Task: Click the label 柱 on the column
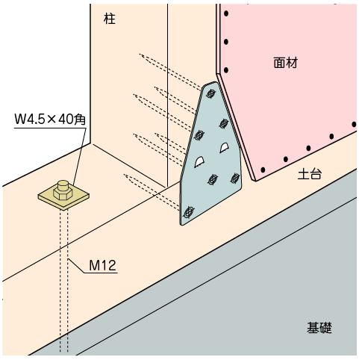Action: (110, 19)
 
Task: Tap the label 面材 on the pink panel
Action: (286, 63)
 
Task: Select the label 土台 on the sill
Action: (310, 174)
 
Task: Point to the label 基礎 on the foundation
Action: (319, 328)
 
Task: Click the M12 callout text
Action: (103, 265)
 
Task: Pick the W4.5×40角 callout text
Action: (50, 119)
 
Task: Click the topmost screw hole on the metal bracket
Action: (210, 93)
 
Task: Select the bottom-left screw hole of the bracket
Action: (189, 212)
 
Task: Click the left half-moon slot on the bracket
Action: (200, 162)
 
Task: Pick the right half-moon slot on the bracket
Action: (225, 147)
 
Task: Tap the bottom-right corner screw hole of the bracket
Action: (235, 178)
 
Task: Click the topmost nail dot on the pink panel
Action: (226, 13)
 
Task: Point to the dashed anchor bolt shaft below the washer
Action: (64, 281)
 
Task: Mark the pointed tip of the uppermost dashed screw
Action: (140, 54)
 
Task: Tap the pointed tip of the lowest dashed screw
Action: (125, 175)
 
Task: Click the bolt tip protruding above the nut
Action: (62, 184)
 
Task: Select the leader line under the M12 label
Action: (93, 267)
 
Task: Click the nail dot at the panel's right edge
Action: (355, 124)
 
